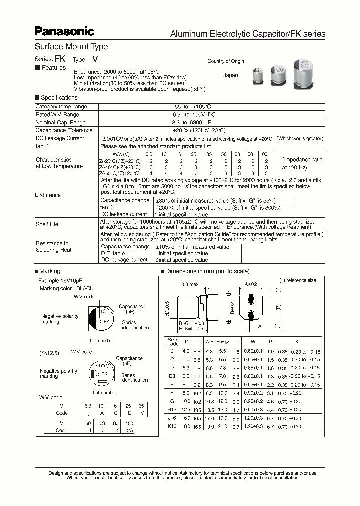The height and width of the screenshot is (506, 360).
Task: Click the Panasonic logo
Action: (64, 32)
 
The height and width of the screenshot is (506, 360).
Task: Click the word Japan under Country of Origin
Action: (230, 76)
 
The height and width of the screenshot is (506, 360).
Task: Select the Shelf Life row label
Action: (47, 224)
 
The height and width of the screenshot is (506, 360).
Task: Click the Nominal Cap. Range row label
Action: (60, 122)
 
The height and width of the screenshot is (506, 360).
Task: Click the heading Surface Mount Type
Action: (71, 47)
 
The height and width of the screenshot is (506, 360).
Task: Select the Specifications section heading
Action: (59, 98)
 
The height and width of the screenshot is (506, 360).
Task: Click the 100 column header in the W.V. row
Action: (264, 154)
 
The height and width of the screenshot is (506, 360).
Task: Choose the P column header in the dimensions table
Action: (270, 342)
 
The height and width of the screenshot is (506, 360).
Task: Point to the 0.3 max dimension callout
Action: (190, 285)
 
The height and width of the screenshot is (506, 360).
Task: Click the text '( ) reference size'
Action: (299, 281)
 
